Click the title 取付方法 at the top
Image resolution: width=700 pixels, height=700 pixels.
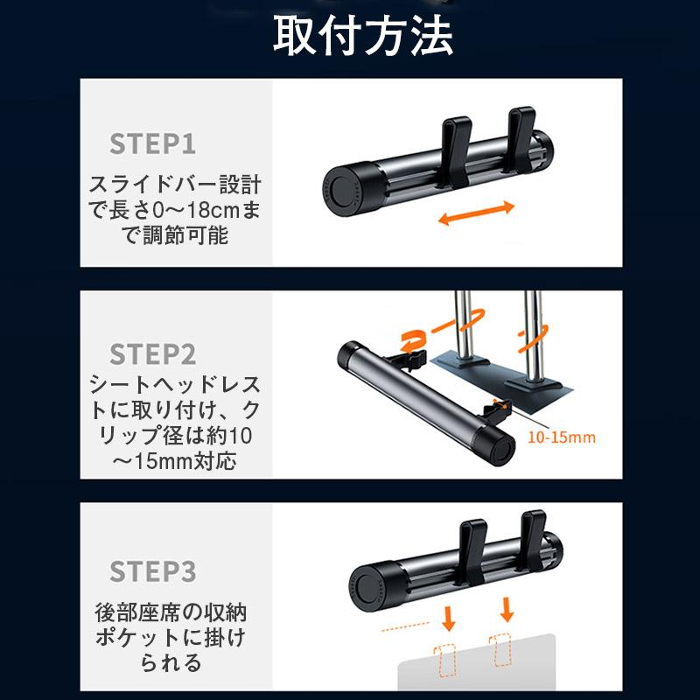[363, 37]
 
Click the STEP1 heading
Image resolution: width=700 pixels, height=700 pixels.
[153, 143]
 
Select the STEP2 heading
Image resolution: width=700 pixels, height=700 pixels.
[153, 354]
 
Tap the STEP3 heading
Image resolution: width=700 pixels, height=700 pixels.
[153, 571]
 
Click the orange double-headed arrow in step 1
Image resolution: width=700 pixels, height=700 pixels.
[477, 213]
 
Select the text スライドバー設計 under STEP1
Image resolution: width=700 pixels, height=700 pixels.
[176, 186]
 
